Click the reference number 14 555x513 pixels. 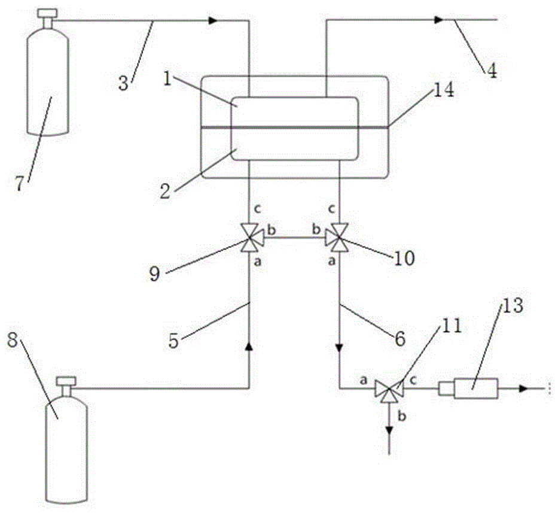click(443, 91)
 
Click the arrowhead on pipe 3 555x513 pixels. click(212, 21)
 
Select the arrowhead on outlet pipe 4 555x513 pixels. click(439, 20)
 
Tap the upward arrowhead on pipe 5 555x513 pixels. click(248, 347)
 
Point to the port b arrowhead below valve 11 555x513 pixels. click(389, 430)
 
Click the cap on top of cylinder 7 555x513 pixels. click(45, 11)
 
